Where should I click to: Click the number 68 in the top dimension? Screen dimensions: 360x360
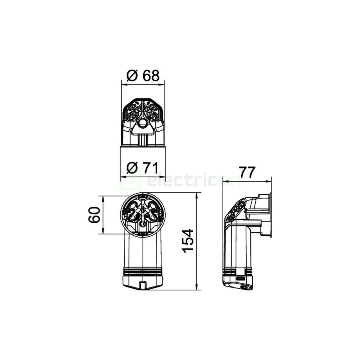click(151, 76)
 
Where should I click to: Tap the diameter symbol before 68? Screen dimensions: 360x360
click(132, 76)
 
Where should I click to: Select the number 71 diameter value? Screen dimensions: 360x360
click(151, 168)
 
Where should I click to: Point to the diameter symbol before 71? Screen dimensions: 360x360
click(132, 168)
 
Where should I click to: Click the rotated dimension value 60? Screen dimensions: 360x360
click(94, 215)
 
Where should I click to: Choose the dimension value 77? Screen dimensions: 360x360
click(247, 172)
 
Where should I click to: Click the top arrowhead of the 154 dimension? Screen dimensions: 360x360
click(196, 196)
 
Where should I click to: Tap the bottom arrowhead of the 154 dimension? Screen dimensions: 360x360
click(196, 287)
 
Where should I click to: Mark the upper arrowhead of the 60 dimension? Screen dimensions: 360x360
click(103, 199)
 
